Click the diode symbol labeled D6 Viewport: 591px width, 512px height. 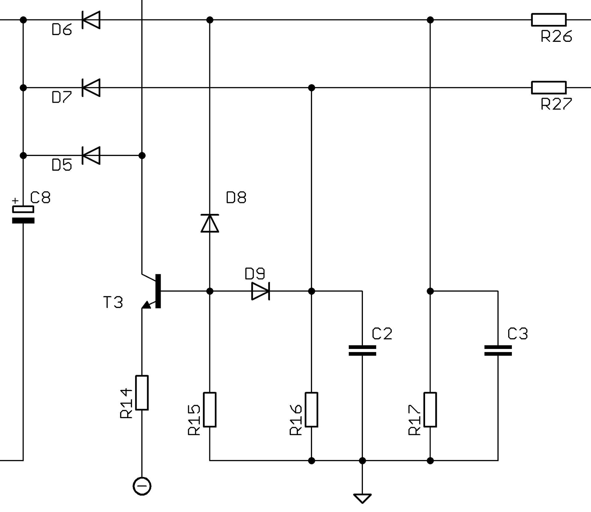(91, 20)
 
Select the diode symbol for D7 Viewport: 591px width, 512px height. (91, 88)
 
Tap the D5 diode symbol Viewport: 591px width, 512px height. (91, 156)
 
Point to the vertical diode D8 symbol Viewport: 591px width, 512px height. (210, 223)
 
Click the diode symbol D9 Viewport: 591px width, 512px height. (261, 291)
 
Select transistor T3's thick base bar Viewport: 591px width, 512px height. (158, 291)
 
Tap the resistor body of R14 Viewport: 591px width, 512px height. (142, 393)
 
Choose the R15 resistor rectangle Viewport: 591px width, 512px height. (210, 410)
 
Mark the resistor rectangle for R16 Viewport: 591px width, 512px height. (312, 410)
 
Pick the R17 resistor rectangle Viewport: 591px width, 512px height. (430, 410)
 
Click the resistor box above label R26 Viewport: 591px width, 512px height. (549, 20)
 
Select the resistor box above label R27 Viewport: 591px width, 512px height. (549, 88)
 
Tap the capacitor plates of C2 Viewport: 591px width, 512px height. (362, 350)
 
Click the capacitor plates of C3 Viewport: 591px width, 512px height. (498, 350)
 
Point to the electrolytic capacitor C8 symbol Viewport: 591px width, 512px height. (23, 215)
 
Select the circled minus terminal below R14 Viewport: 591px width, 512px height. (142, 486)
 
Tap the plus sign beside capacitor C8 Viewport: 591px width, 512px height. (15, 201)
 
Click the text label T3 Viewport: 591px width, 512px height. (113, 302)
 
